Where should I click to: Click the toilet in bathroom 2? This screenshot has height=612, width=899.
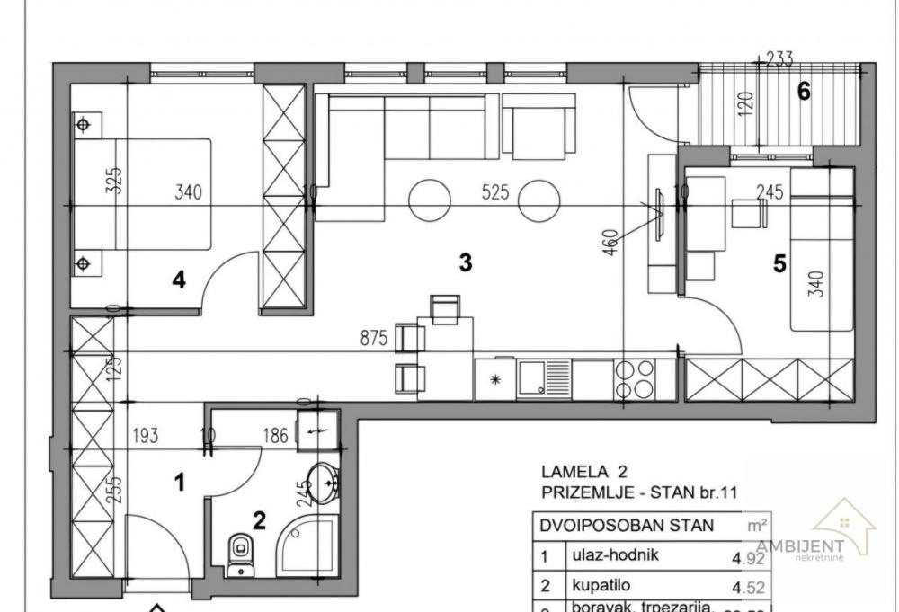point(240,553)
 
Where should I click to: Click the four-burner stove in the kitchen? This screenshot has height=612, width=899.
point(634,379)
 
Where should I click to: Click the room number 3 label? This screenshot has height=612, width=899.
point(465,262)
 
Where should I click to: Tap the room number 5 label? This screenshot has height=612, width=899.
point(779,264)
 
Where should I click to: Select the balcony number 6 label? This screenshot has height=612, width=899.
point(804,91)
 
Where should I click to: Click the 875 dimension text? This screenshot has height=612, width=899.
point(372,339)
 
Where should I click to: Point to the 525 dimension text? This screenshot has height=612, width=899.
point(495,191)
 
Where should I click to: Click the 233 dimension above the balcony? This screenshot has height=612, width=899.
point(779,59)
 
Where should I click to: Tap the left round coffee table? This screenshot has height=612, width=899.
point(430,200)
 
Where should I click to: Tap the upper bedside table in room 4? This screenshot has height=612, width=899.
point(84,125)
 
